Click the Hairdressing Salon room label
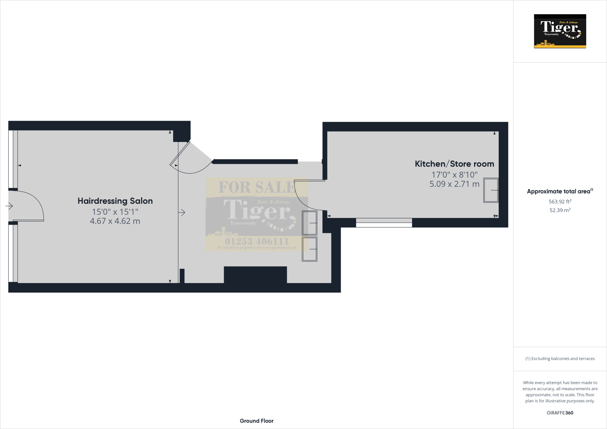[115, 201]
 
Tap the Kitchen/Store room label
[454, 164]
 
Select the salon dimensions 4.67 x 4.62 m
[115, 221]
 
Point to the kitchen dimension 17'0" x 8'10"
[454, 175]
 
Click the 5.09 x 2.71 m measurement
[454, 184]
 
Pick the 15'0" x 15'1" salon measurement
[115, 212]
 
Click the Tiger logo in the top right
[560, 31]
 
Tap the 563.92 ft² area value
[560, 201]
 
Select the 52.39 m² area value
[560, 210]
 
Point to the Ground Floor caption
[257, 421]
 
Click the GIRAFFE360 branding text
[560, 413]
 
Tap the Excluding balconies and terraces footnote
[560, 358]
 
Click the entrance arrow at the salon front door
[9, 206]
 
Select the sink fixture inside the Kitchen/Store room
[491, 190]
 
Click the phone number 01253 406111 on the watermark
[257, 241]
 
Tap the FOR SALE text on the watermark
[257, 187]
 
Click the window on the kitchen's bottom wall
[384, 223]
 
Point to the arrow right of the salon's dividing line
[182, 212]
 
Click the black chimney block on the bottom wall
[255, 275]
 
